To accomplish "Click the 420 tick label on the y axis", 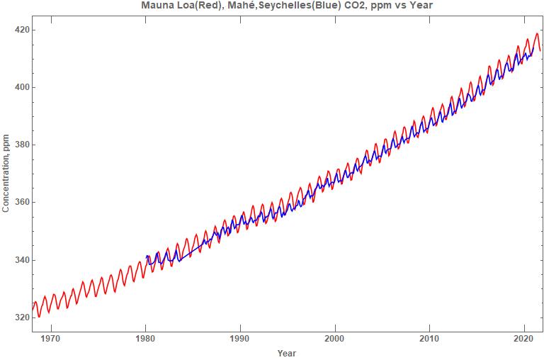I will pyautogui.click(x=19, y=30).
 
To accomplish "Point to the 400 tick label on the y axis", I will pyautogui.click(x=19, y=87).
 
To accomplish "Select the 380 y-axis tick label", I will pyautogui.click(x=19, y=145).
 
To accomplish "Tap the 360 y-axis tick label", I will pyautogui.click(x=19, y=202).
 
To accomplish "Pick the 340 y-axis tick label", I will pyautogui.click(x=19, y=259).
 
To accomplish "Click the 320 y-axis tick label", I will pyautogui.click(x=19, y=317).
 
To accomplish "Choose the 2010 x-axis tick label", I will pyautogui.click(x=429, y=338).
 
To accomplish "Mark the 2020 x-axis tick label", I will pyautogui.click(x=524, y=338).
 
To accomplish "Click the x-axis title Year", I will pyautogui.click(x=287, y=353).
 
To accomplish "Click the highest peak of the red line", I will pyautogui.click(x=537, y=33).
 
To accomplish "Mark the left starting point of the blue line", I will pyautogui.click(x=146, y=257).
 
